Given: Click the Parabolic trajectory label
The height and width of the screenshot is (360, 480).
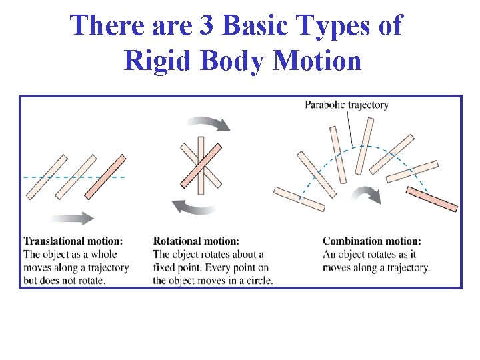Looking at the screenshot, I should coord(347,105).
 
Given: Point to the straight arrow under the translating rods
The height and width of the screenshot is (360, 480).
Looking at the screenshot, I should coord(71,219).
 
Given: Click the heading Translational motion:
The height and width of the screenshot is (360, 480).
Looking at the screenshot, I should coord(73,241).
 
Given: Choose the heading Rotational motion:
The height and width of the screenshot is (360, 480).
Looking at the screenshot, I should coord(196,241).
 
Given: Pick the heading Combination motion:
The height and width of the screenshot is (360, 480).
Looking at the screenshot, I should coord(372,241).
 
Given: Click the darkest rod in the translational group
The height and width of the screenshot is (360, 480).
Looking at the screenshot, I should coord(105,177).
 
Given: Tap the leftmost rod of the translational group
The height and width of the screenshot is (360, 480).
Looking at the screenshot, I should coord(47,177).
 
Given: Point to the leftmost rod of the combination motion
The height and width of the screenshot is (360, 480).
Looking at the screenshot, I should coord(299,201).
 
